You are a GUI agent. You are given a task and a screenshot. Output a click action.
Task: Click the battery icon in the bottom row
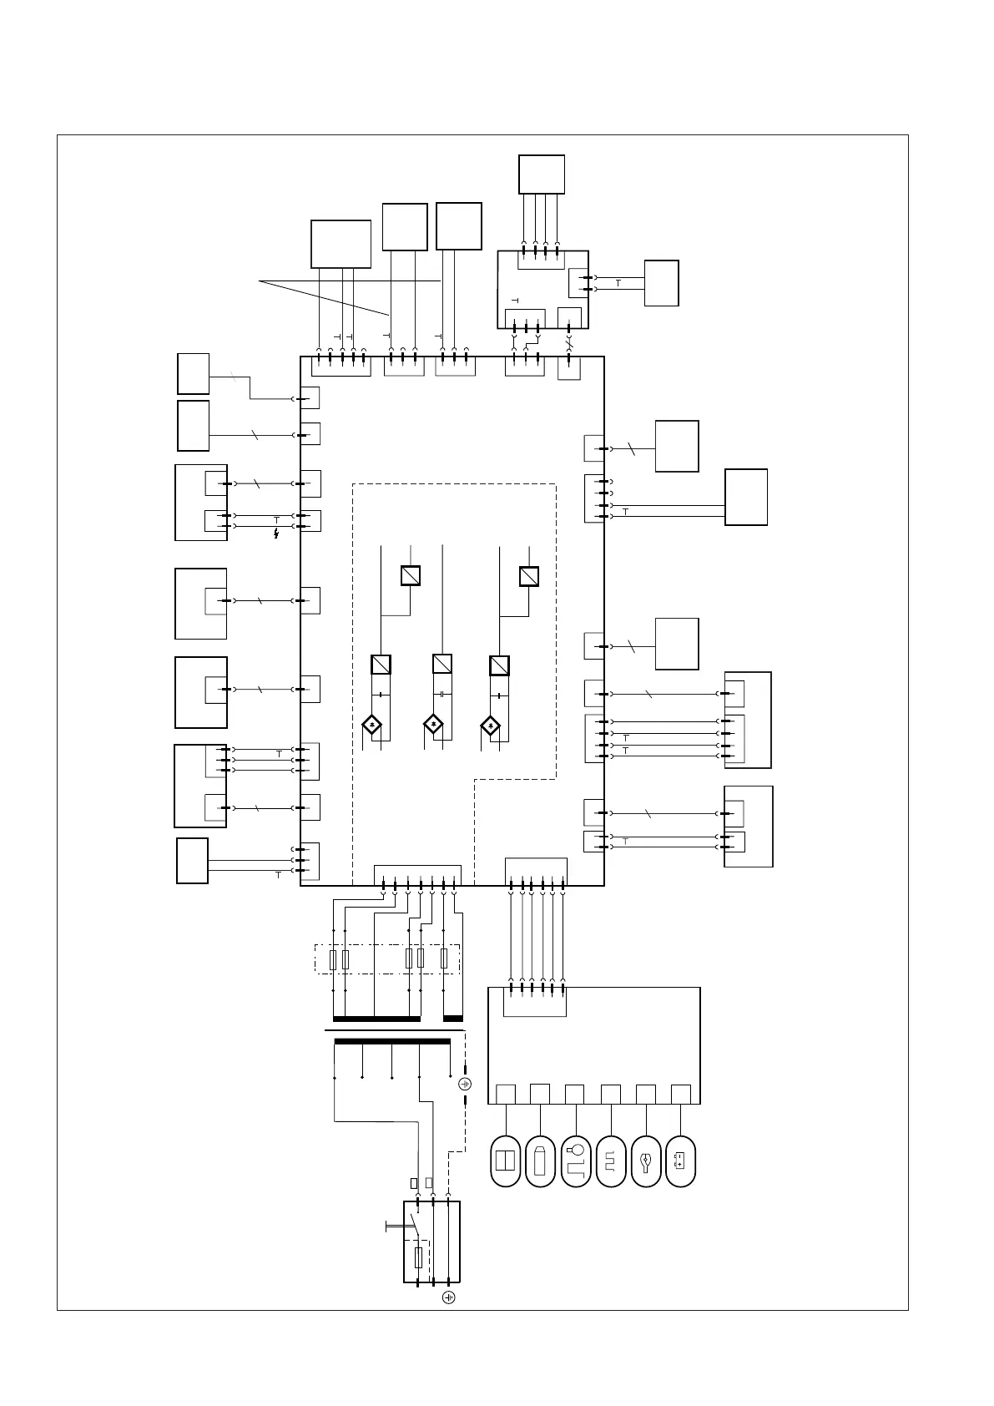click(681, 1161)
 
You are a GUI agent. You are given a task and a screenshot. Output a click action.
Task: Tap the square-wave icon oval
click(611, 1161)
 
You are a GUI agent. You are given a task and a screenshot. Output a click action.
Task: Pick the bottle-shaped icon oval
click(541, 1161)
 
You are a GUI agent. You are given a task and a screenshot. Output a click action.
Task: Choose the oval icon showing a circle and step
click(576, 1161)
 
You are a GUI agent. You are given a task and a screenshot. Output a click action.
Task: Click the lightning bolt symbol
click(276, 533)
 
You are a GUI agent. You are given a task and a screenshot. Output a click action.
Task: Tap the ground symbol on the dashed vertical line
click(466, 1084)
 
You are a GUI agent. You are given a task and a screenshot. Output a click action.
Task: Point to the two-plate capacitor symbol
click(441, 695)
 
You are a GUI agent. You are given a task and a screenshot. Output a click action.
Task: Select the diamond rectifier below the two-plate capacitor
click(434, 725)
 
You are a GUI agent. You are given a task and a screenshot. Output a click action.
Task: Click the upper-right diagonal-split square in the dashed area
click(528, 576)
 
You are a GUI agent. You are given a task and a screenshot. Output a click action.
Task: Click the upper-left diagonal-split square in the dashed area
click(410, 576)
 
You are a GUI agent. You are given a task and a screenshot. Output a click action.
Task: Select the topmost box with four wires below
click(541, 174)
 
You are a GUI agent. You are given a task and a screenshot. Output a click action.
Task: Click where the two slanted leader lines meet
click(260, 282)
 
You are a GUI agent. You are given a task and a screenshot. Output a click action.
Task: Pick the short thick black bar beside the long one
click(453, 1019)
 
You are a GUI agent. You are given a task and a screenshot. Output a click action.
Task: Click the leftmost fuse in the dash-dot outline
click(334, 959)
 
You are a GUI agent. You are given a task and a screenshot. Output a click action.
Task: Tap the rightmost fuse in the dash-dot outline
click(444, 959)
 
